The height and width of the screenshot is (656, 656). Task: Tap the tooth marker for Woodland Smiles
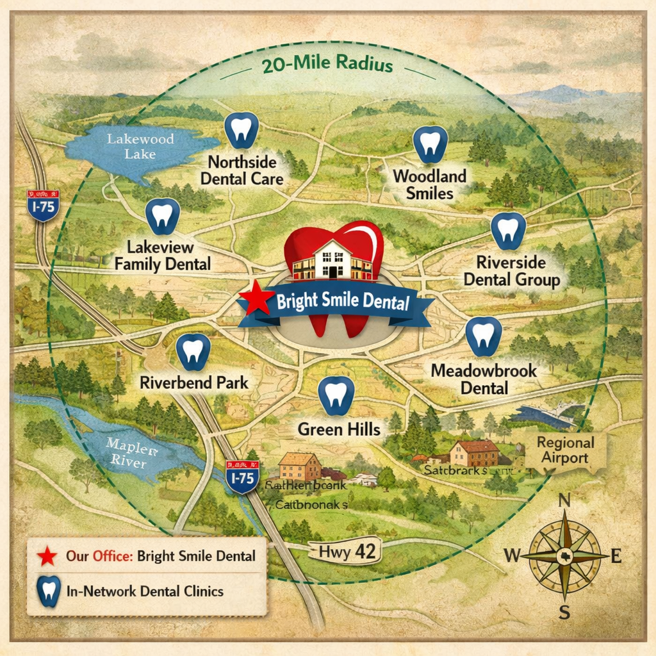coord(429,144)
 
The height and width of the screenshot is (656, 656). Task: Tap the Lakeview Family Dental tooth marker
coord(163,217)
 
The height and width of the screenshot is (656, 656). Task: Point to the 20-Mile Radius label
coord(327,65)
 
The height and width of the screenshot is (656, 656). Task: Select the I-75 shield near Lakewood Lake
coord(44,205)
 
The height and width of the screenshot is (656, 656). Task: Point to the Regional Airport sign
coord(565,450)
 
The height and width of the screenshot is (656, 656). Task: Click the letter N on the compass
coord(564,500)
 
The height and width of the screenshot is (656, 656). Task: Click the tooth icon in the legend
coord(49,590)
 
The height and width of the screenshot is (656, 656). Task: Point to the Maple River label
coord(127,452)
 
